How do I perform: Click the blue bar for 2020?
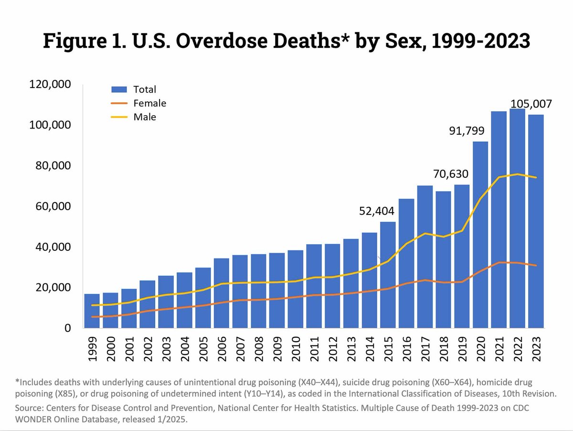click(481, 234)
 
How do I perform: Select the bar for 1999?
click(92, 311)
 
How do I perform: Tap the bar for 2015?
click(388, 275)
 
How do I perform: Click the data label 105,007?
click(531, 104)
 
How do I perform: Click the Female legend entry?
click(149, 103)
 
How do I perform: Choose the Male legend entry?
click(145, 117)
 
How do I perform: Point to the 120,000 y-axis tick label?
click(50, 85)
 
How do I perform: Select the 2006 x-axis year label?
click(222, 352)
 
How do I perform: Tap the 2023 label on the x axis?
click(536, 352)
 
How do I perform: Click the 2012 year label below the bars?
click(333, 352)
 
